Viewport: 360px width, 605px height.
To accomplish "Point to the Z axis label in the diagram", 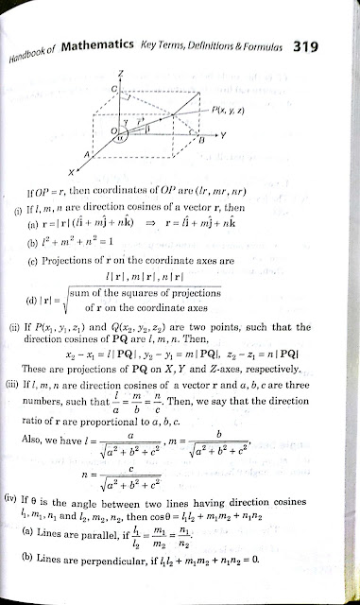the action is [112, 73].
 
